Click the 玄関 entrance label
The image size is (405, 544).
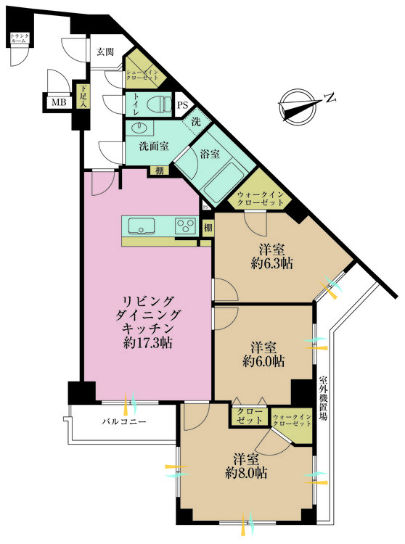point(105,51)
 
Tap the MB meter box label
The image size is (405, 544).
point(57,102)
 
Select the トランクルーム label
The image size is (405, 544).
point(19,39)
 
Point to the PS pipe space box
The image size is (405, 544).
point(183,105)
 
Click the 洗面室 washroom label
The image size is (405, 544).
point(154,145)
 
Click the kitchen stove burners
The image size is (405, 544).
point(185,226)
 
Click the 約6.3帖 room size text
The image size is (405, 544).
point(271,264)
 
